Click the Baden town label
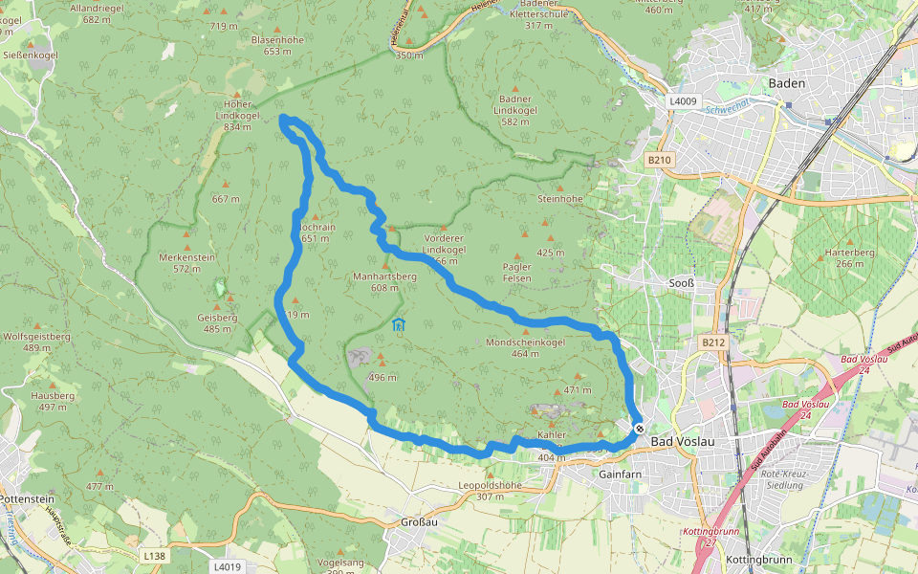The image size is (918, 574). [787, 83]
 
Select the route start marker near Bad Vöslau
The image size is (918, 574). [639, 430]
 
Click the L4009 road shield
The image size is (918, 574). [684, 100]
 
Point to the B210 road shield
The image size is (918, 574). [660, 160]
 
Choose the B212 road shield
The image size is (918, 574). [713, 342]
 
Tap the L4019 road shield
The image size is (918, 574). [228, 566]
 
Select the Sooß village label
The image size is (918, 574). [680, 284]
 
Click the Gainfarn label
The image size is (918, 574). [619, 474]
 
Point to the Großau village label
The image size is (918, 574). [419, 522]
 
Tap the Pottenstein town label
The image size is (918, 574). [30, 499]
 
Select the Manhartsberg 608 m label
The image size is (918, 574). [384, 281]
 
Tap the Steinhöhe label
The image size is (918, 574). [560, 199]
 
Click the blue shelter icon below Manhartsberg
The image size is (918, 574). [398, 326]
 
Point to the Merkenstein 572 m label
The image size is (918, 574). [186, 263]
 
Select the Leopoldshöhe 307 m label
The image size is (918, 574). [491, 490]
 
